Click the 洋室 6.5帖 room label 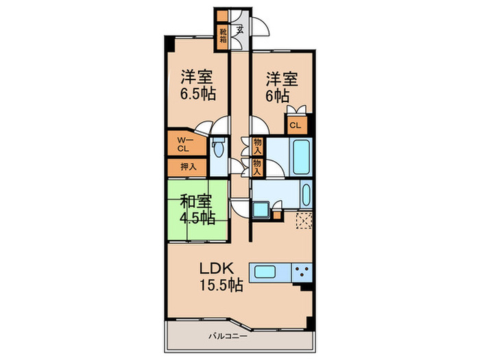point(198,85)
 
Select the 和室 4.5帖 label point(197,209)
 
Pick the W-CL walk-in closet point(184,144)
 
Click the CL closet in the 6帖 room point(295,125)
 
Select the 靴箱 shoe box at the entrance point(224,36)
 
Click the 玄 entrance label point(239,29)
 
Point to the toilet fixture point(218,146)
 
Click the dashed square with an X point(304,221)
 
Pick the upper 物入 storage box point(257,145)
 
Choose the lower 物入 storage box point(257,167)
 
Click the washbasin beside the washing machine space point(261,210)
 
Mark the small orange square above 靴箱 point(223,17)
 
